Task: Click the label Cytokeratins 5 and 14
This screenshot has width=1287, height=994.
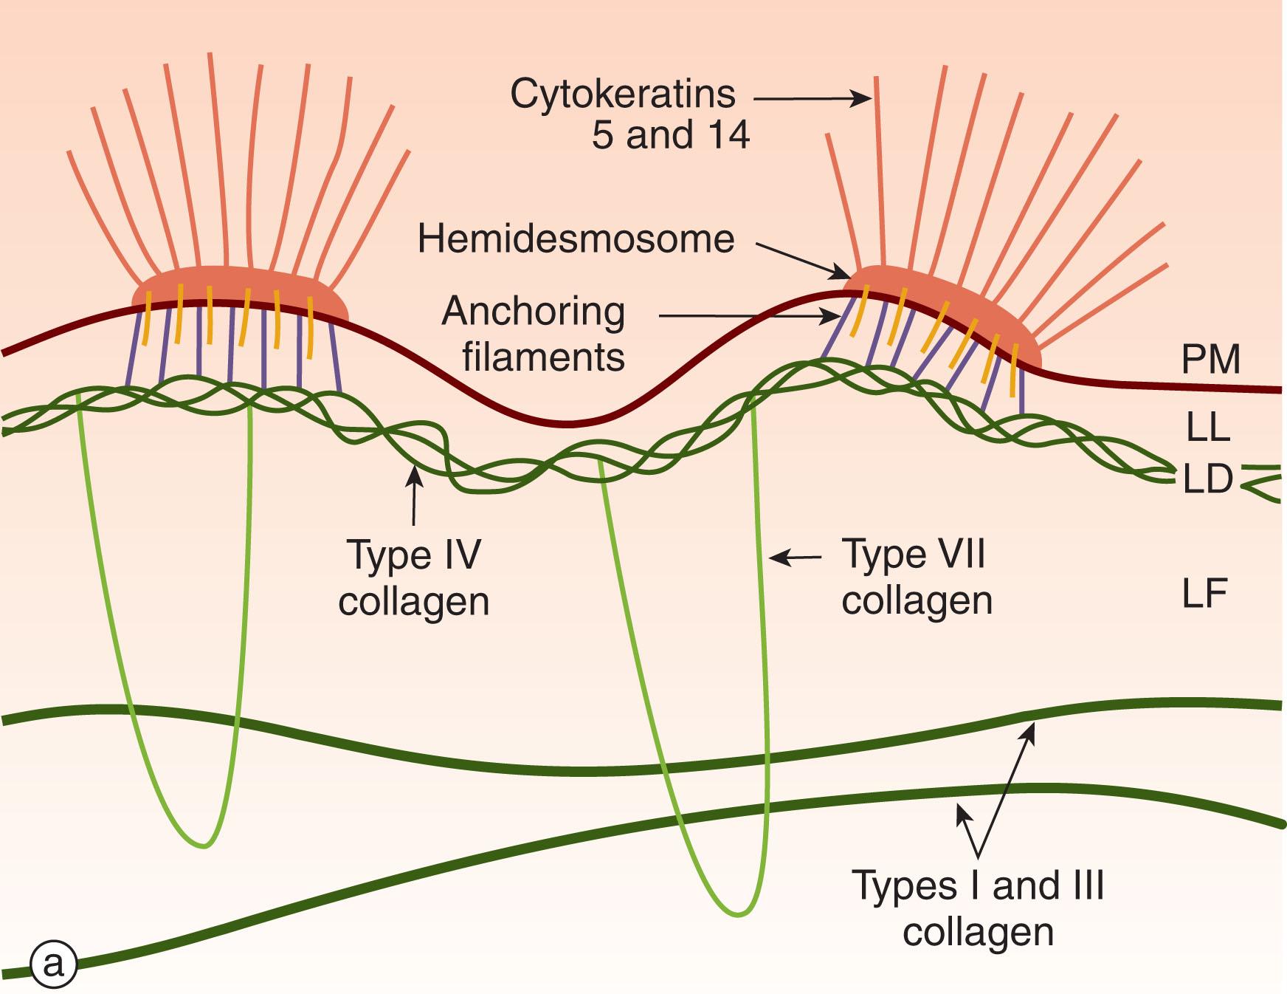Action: [x=629, y=114]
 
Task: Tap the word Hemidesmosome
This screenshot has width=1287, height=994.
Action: [x=576, y=239]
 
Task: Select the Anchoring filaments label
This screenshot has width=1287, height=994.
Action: [x=534, y=334]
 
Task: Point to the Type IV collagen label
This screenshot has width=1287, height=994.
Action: [x=413, y=577]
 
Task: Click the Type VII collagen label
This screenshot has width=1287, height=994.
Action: [x=916, y=577]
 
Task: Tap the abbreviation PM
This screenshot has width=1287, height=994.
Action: [x=1210, y=360]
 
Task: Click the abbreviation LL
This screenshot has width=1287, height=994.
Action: [x=1207, y=427]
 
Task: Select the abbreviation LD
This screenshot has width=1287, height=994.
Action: [x=1207, y=479]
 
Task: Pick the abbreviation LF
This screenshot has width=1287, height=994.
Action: [x=1204, y=594]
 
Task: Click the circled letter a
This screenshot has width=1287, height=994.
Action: [x=53, y=964]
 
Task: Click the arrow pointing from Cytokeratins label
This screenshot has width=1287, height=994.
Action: [x=812, y=97]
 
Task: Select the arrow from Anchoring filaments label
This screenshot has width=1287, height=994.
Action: [x=749, y=317]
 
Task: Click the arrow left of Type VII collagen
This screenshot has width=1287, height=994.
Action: [x=796, y=558]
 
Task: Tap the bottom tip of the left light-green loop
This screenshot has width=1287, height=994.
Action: [x=204, y=845]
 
